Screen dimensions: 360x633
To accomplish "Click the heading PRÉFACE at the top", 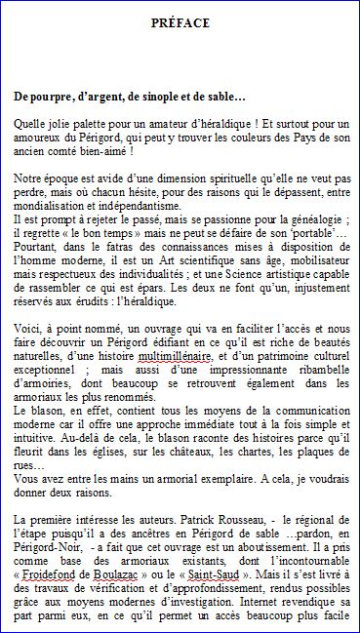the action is coord(180,22).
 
